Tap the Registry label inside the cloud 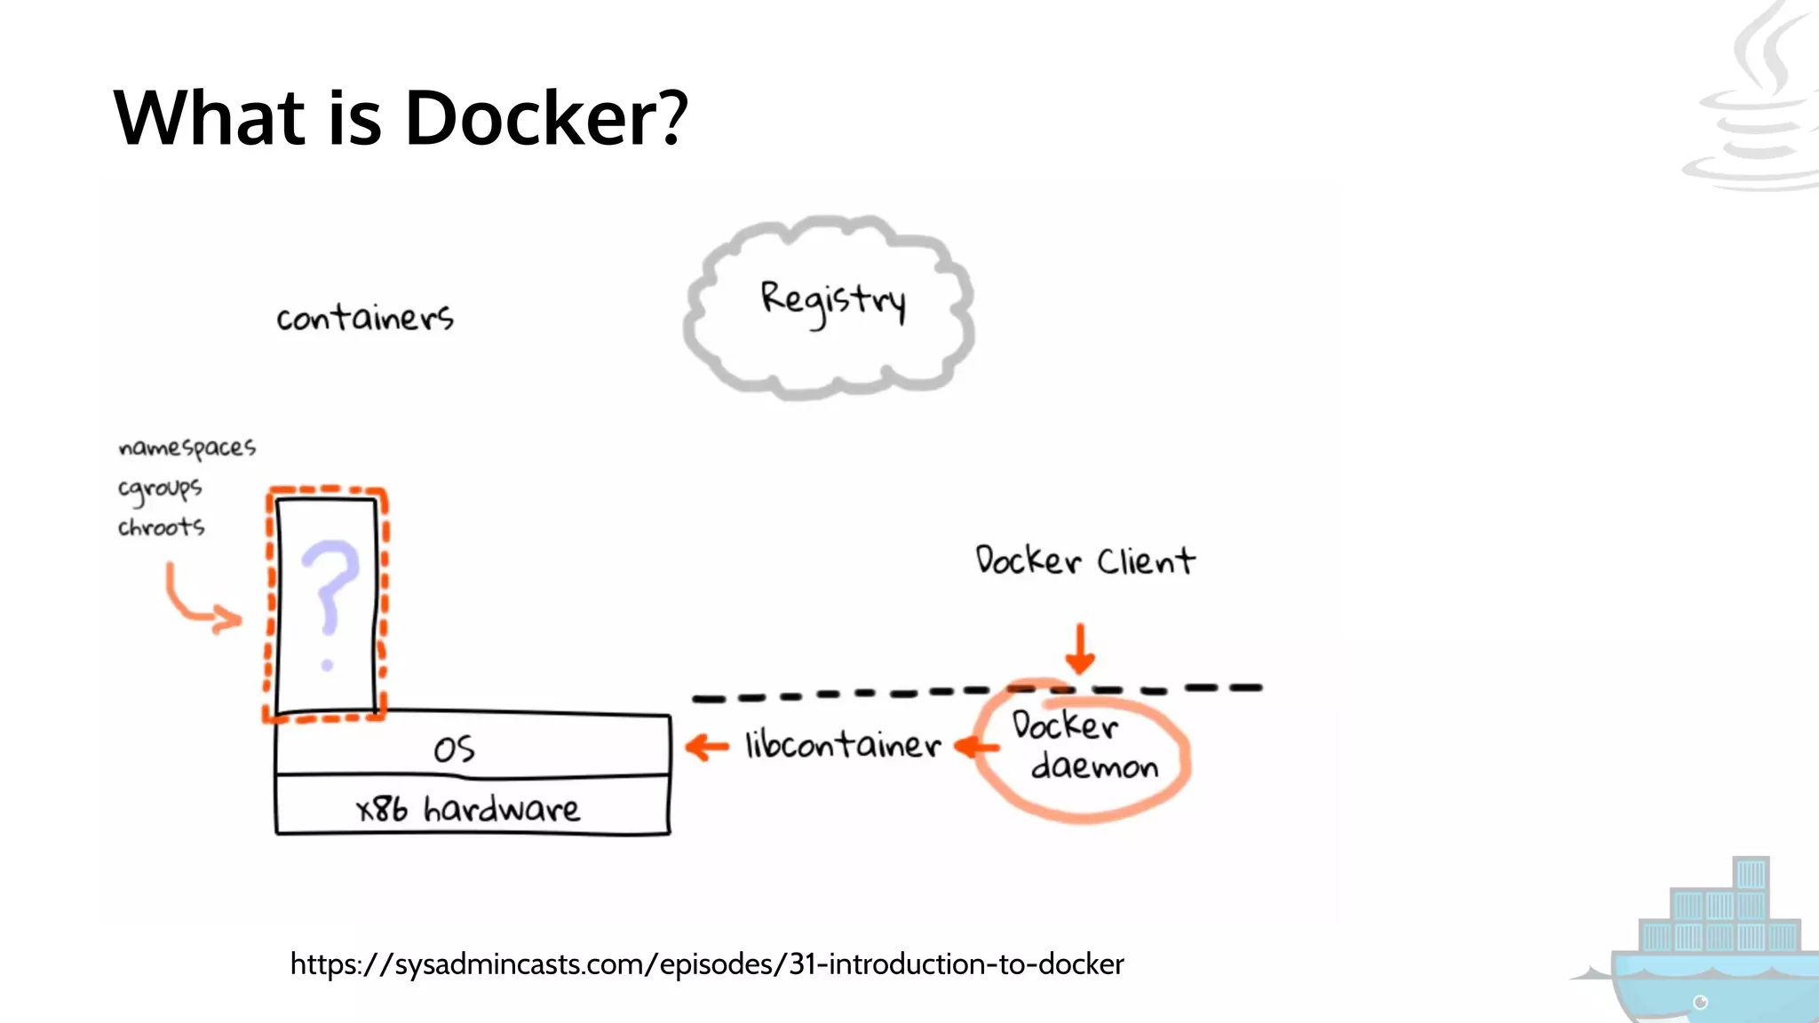coord(832,301)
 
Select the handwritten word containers coord(365,317)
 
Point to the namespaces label coord(187,448)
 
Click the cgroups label coord(160,488)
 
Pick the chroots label coord(161,527)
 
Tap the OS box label coord(454,749)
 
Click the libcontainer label coord(842,745)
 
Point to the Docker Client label coord(1084,561)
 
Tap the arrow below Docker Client coord(1080,649)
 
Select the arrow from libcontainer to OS coord(707,747)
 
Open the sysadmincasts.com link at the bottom coord(707,964)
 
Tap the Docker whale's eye coord(1700,1003)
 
